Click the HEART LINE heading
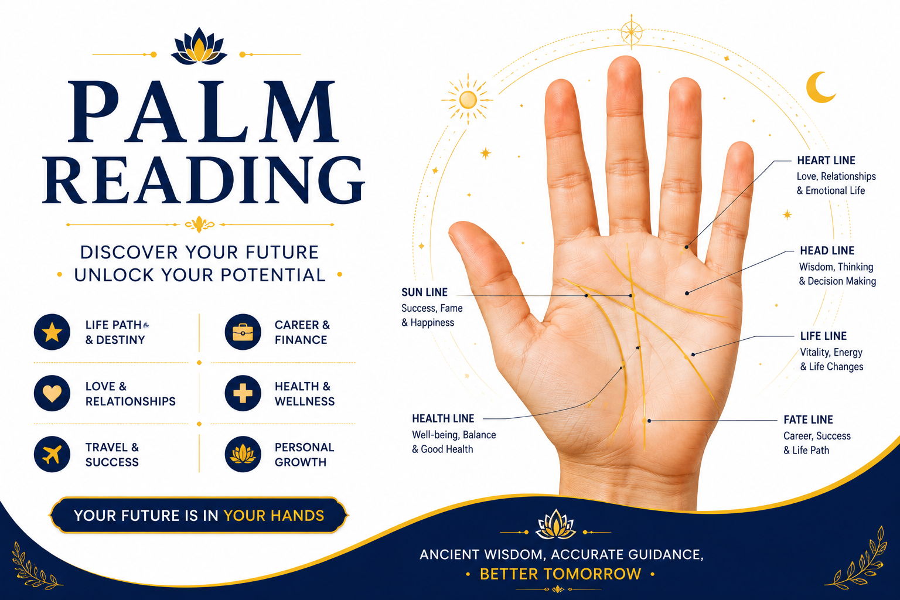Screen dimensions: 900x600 pyautogui.click(x=826, y=161)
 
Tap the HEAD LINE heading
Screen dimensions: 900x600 pyautogui.click(x=827, y=251)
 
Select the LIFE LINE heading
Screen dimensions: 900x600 pyautogui.click(x=823, y=336)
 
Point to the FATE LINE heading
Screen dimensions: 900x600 pyautogui.click(x=808, y=420)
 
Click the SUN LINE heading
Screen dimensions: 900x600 pyautogui.click(x=424, y=292)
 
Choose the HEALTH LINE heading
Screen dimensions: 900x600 pyautogui.click(x=443, y=419)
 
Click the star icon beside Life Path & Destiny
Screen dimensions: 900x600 pyautogui.click(x=52, y=332)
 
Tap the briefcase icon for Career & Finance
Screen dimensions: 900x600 pyautogui.click(x=243, y=332)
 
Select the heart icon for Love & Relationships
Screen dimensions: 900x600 pyautogui.click(x=52, y=393)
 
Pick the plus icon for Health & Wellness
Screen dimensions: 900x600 pyautogui.click(x=243, y=393)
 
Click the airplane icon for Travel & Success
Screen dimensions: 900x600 pyautogui.click(x=52, y=455)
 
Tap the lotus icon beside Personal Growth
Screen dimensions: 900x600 pyautogui.click(x=243, y=455)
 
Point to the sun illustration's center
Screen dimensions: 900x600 pyautogui.click(x=468, y=99)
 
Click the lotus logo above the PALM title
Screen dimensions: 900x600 pyautogui.click(x=199, y=46)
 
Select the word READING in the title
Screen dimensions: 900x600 pyautogui.click(x=204, y=180)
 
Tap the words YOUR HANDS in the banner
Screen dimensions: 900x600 pyautogui.click(x=274, y=516)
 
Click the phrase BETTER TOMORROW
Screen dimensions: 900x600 pyautogui.click(x=561, y=574)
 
